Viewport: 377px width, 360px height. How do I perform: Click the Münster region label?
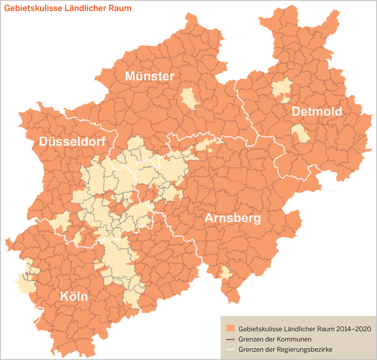(x=150, y=76)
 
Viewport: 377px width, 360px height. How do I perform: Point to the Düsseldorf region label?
(x=72, y=141)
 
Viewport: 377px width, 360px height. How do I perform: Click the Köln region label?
(x=74, y=296)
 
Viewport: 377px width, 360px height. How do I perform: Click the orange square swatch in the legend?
(x=230, y=328)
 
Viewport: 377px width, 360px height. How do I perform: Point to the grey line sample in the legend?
(x=230, y=339)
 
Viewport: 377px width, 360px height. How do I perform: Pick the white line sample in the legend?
(x=230, y=349)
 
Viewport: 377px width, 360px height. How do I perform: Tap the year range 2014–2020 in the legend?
(x=350, y=329)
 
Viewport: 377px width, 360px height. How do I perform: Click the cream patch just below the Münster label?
(x=189, y=99)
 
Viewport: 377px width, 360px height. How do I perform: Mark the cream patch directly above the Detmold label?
(x=281, y=88)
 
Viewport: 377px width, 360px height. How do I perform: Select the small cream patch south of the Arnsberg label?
(x=226, y=273)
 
